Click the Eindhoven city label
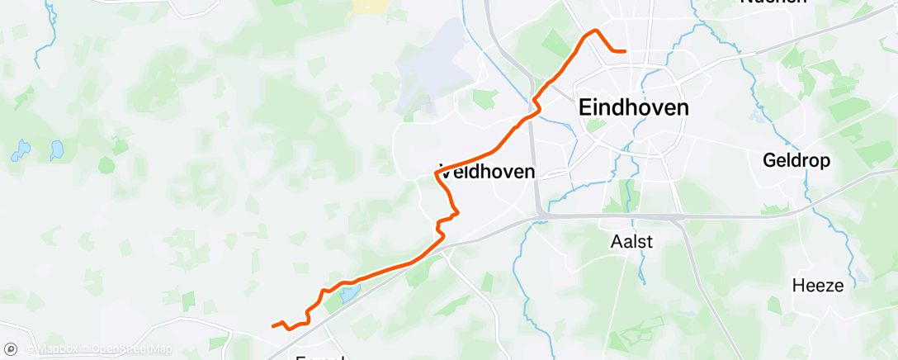coord(634,108)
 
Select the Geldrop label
coord(796,159)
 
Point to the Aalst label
coord(631,242)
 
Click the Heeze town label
coord(818,286)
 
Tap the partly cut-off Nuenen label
coord(773,2)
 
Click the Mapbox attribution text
coord(57,349)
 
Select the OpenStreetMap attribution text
coord(133,349)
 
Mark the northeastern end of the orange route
coord(625,51)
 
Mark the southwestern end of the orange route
coord(273,325)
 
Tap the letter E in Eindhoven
coord(586,108)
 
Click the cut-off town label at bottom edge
coord(322,357)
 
